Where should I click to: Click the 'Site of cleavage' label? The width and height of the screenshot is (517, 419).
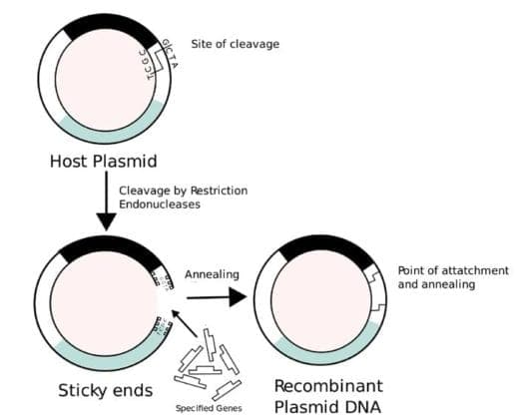pos(235,44)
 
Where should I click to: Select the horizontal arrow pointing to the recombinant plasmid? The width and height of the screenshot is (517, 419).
pos(215,296)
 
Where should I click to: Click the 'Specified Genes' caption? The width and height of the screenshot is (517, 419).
pos(208,408)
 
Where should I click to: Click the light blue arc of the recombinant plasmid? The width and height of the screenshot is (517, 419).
pos(319,351)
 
